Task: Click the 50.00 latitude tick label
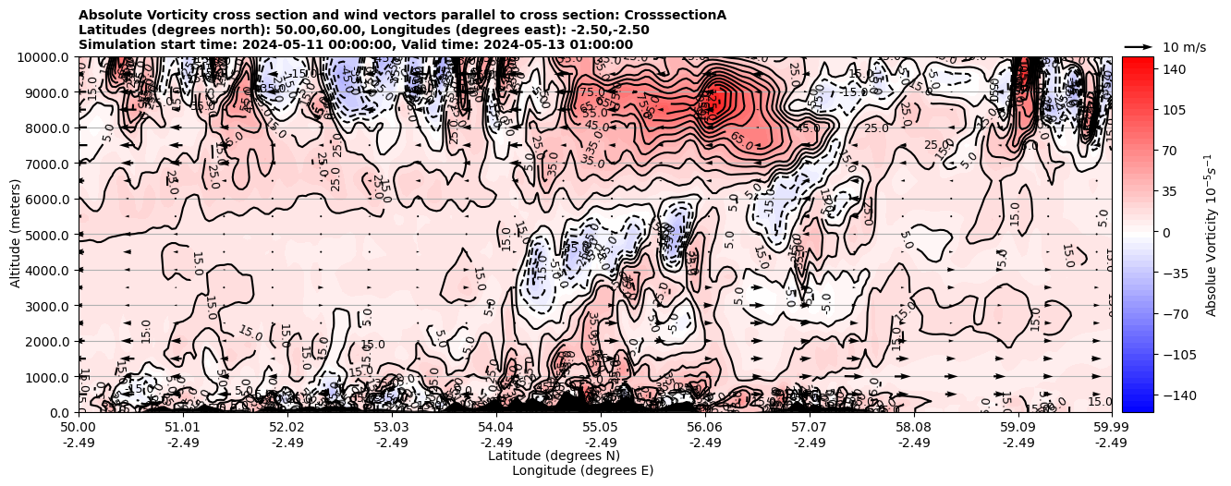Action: pos(79,428)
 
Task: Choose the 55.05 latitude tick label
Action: pos(601,428)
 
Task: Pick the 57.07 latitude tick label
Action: pos(810,428)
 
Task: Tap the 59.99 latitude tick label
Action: pos(1111,428)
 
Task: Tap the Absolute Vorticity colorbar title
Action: pos(1212,234)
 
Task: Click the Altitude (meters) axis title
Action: pos(15,234)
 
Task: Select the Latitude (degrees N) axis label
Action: pos(554,456)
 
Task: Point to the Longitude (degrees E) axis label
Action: pos(582,470)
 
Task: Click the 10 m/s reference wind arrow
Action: pos(1139,46)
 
